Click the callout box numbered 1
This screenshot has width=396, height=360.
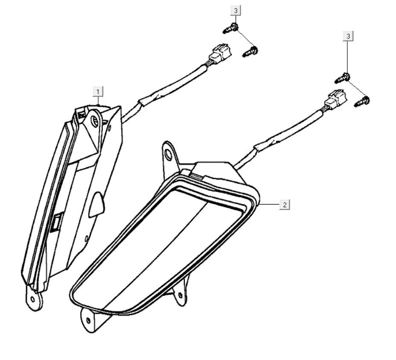point(98,91)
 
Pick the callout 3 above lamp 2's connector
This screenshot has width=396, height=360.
point(349,36)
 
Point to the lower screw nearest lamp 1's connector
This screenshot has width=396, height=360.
point(250,52)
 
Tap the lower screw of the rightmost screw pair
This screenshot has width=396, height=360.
point(363,102)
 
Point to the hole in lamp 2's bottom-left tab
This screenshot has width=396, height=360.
point(88,320)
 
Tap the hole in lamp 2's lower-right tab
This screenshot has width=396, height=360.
point(181,295)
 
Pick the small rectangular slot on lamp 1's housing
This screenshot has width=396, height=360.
point(56,222)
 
